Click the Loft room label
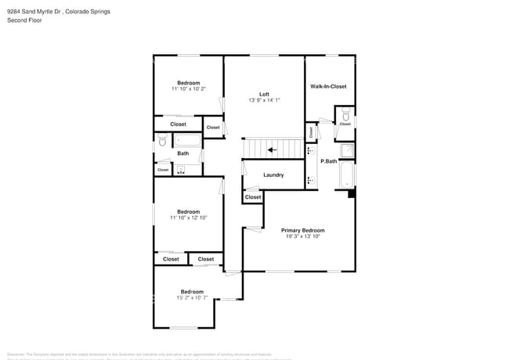tap(264, 94)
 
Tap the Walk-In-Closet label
tap(328, 86)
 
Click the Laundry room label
tap(273, 175)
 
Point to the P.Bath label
tap(329, 161)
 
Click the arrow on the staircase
tap(271, 149)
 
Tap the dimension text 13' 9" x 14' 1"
tap(264, 100)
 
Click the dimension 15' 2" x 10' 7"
tap(192, 297)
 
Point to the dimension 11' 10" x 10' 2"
tap(188, 89)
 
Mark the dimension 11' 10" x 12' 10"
tap(188, 218)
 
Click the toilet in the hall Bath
tap(162, 141)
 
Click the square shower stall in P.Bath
tap(345, 150)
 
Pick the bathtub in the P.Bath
tap(346, 175)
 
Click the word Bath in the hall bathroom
tap(182, 153)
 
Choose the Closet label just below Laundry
tap(253, 197)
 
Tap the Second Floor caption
tap(24, 20)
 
